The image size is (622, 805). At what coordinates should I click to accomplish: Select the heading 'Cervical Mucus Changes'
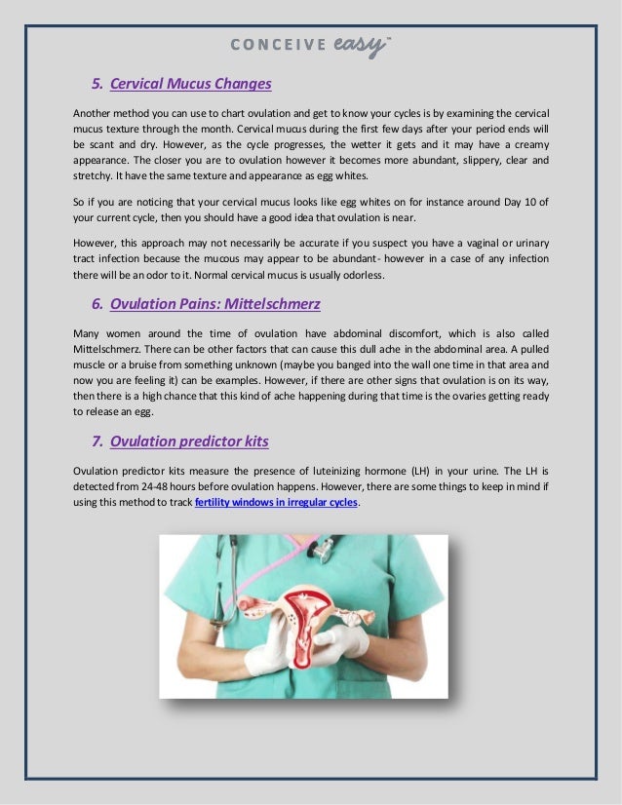point(190,84)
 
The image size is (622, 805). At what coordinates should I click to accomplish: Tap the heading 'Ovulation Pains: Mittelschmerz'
point(214,305)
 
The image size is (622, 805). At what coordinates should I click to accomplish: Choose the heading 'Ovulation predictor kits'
point(189,441)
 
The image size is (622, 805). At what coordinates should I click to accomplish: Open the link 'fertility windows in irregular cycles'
point(277,502)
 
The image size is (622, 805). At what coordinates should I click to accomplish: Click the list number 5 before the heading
point(97,84)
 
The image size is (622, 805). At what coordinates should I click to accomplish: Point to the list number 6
point(97,305)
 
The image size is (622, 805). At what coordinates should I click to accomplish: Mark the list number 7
point(97,441)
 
